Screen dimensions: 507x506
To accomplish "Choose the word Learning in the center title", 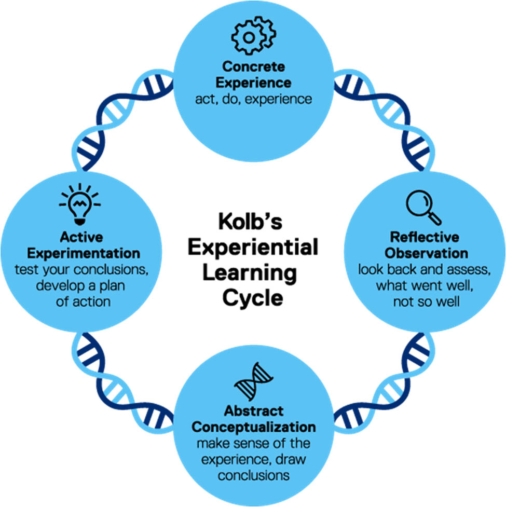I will (253, 272).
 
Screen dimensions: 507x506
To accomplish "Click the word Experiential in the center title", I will (253, 248).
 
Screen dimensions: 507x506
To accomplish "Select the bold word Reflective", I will (425, 238).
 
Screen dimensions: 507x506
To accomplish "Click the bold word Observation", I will (425, 253).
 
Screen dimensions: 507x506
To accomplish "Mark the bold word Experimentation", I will (84, 253).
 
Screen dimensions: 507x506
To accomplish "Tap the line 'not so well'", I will (425, 301).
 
